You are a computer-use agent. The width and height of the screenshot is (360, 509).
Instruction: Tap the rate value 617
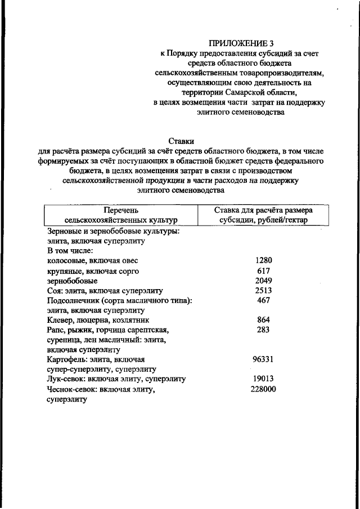coord(263,271)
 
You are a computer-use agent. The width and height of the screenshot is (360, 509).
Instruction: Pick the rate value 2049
coord(263,281)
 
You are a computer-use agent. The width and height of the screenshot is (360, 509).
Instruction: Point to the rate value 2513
coord(263,291)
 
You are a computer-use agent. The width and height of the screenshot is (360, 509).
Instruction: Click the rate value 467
coord(263,301)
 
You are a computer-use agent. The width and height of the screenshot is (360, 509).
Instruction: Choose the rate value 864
coord(263,320)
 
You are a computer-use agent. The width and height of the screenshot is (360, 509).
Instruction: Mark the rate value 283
coord(263,330)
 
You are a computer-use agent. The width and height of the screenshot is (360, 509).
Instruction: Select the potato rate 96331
coord(263,359)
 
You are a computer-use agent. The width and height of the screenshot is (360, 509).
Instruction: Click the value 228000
coord(263,389)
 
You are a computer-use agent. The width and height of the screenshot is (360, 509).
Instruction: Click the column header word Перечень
coord(120,210)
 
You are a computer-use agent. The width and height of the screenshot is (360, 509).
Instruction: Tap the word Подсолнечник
coord(74,301)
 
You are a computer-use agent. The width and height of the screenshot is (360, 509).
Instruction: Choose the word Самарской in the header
coord(253,92)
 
